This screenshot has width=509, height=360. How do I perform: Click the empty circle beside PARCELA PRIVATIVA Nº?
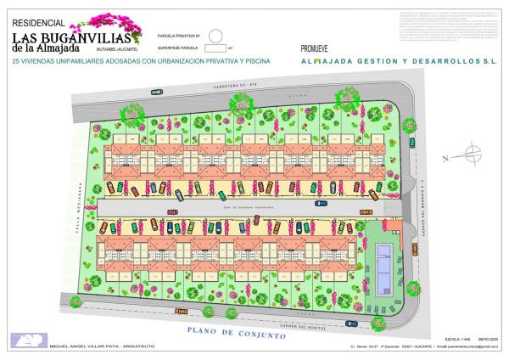click(x=215, y=36)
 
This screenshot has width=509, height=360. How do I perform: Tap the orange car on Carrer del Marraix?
click(x=415, y=249)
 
